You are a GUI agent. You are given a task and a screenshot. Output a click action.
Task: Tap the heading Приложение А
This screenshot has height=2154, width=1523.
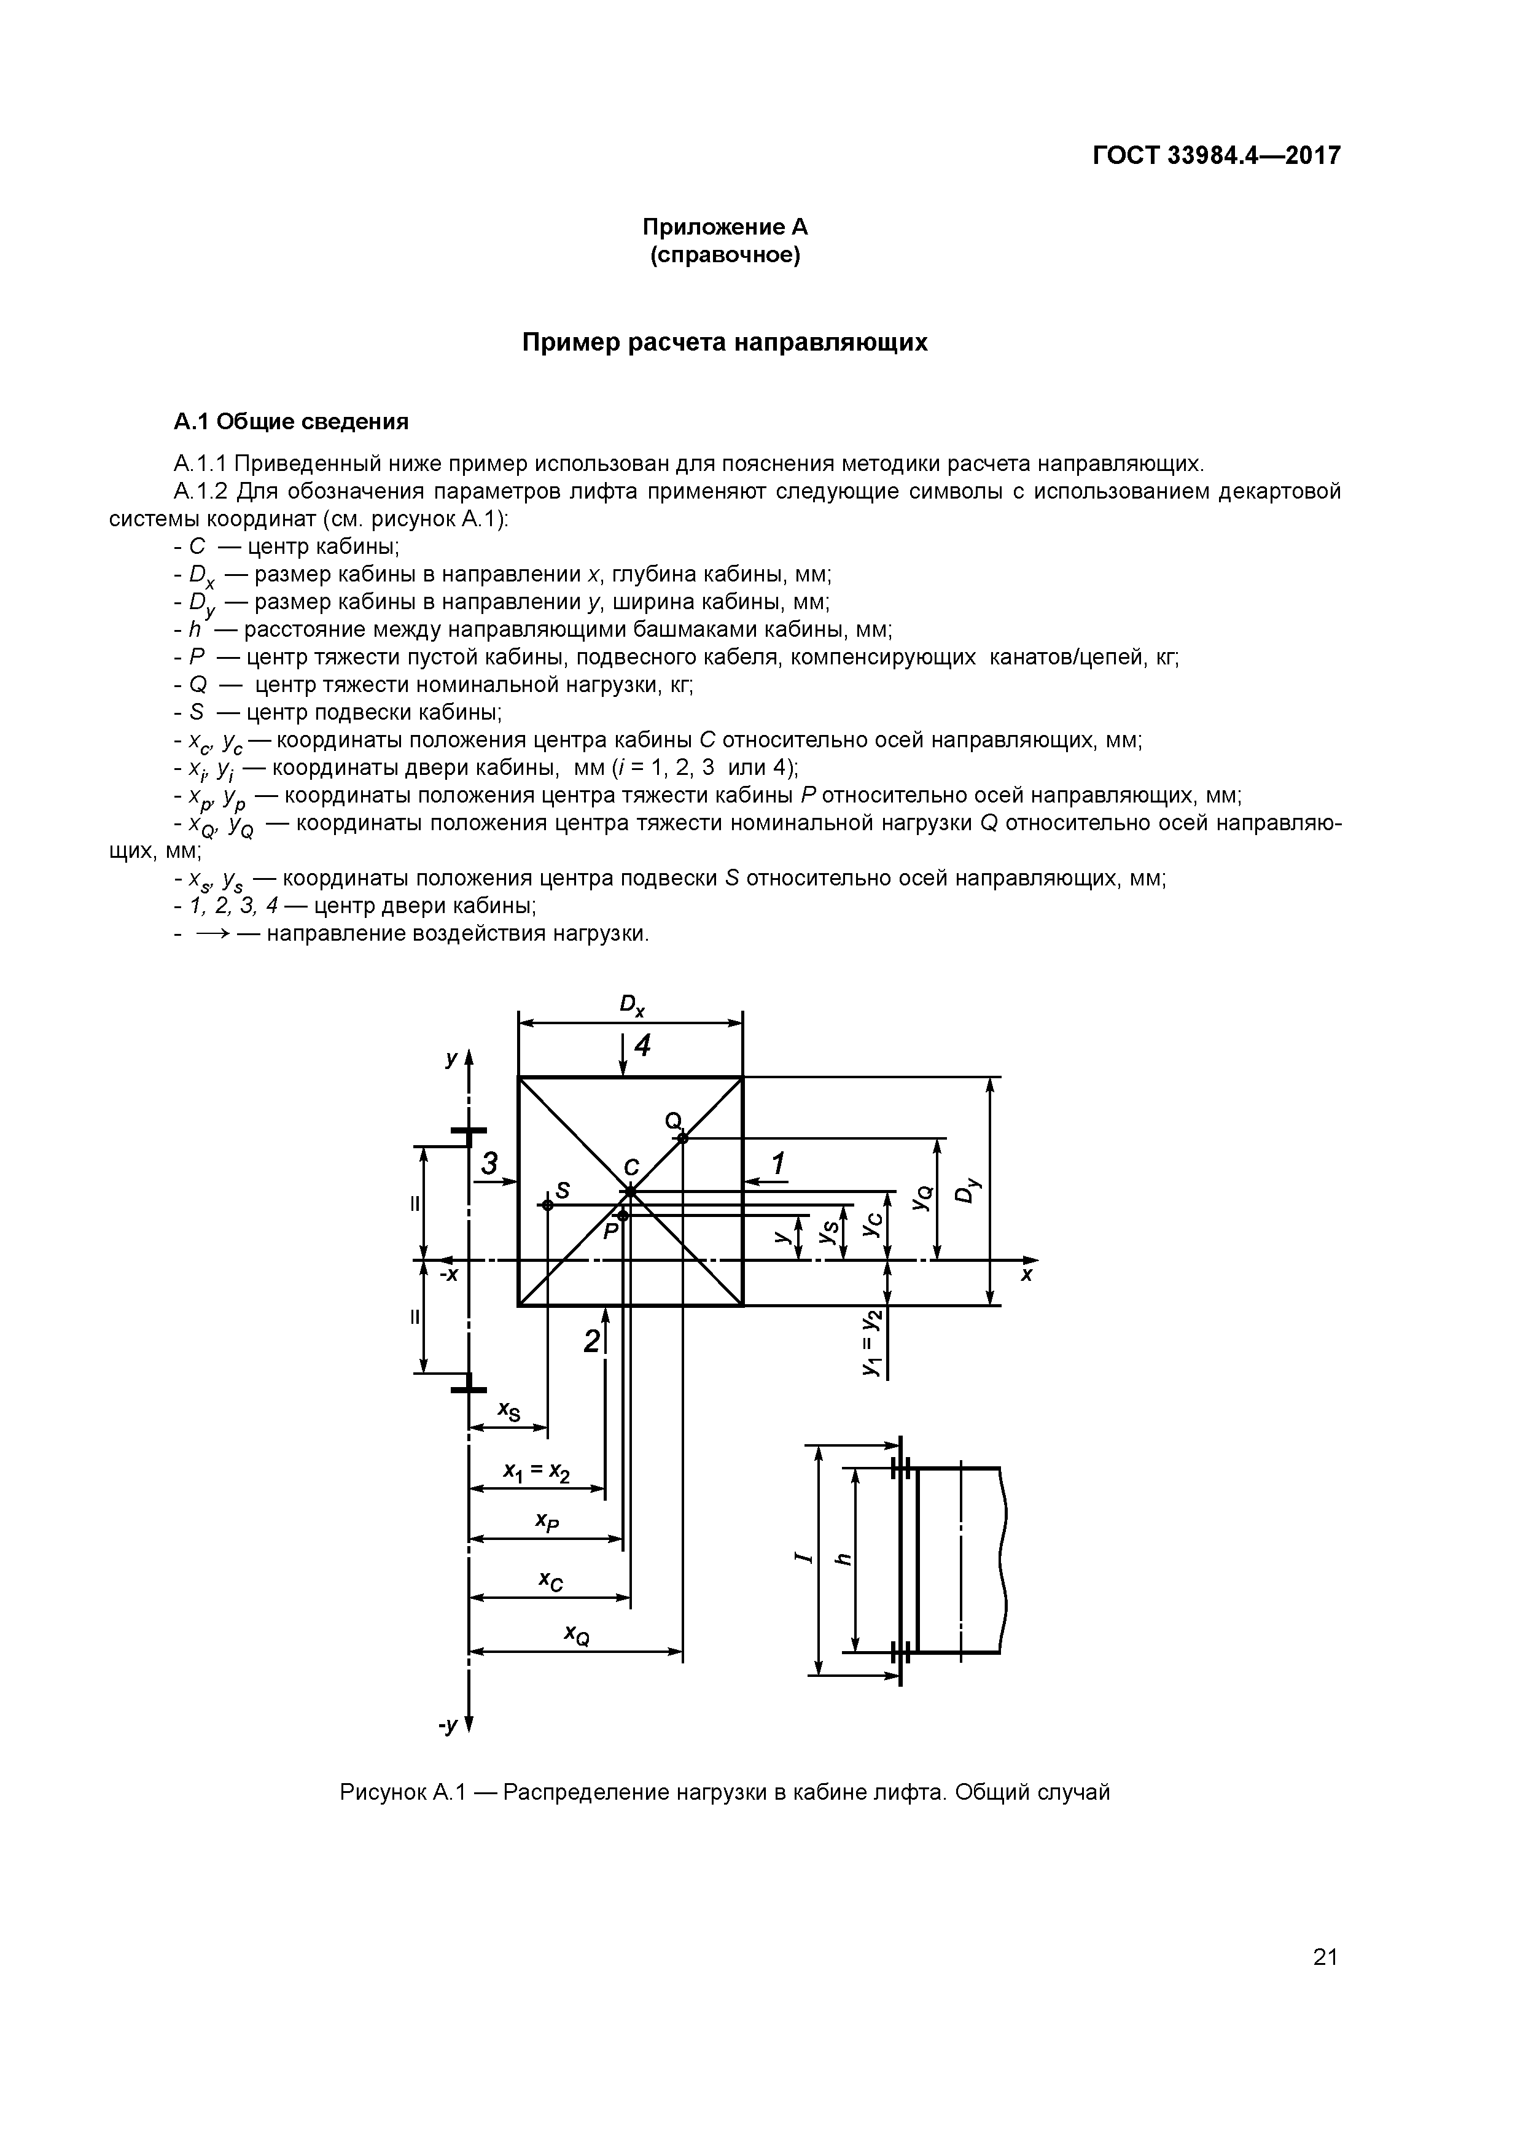tap(725, 227)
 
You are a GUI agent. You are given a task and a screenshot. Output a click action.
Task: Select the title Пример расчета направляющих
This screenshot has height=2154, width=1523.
tap(725, 343)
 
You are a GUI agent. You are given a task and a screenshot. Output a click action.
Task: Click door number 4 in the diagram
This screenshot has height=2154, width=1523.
tap(643, 1045)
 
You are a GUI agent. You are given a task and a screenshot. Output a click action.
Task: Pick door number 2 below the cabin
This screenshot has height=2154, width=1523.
tap(591, 1342)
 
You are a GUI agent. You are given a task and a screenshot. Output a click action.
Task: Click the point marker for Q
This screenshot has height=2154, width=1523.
tap(683, 1138)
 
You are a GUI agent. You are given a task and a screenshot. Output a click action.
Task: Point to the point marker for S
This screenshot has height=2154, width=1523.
tap(547, 1205)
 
